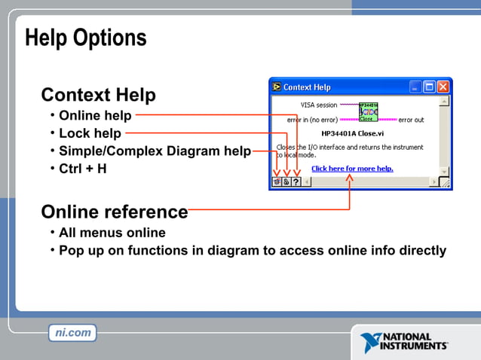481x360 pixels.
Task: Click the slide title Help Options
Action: tap(85, 38)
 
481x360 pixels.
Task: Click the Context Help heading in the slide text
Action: tap(98, 95)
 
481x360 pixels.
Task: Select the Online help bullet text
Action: tap(95, 116)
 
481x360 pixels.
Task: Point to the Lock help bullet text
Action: tap(90, 133)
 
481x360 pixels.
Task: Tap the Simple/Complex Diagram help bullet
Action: tap(155, 151)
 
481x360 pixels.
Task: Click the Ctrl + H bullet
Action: tap(83, 169)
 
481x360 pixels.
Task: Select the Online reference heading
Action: tap(114, 212)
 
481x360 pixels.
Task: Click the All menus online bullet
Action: tap(112, 233)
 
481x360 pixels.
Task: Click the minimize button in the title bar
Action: tap(415, 87)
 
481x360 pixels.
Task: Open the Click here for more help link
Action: tap(352, 169)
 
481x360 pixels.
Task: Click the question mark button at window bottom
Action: tap(296, 182)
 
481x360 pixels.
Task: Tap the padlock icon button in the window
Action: tap(286, 182)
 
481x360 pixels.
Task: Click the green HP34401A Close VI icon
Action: tap(368, 111)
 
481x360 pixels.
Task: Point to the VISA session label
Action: tap(319, 105)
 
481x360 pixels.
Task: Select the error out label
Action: tap(411, 120)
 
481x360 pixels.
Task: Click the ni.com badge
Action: tap(72, 332)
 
